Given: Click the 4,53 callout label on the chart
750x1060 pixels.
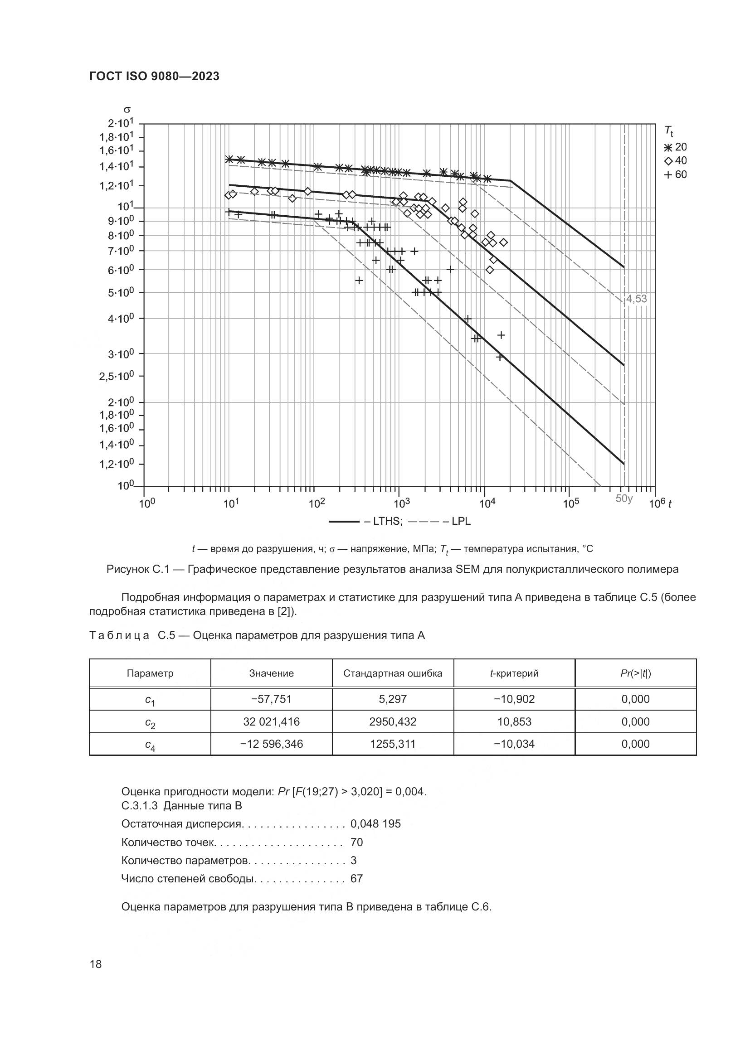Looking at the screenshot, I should pos(636,299).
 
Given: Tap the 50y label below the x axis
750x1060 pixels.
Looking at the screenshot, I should pos(624,499).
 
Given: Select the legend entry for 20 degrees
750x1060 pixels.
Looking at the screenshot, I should pos(676,147).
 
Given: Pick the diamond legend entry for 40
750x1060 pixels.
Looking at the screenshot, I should pos(676,161).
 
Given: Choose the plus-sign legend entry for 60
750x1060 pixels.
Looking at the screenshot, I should pos(676,174).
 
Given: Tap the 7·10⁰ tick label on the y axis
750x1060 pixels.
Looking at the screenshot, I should pos(121,251).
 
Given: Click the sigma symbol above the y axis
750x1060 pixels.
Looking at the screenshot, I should pos(127,110).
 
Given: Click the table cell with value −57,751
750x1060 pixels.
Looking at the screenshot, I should pos(271,699).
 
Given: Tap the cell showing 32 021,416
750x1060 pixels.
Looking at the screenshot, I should pos(271,721).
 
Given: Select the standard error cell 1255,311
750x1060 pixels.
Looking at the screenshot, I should pos(393,744).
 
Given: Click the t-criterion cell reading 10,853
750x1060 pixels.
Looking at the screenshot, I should pos(514,721).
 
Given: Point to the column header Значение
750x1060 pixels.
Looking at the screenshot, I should pos(271,673).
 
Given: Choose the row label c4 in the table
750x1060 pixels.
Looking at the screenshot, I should pos(150,745).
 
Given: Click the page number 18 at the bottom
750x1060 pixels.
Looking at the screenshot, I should pos(96,963).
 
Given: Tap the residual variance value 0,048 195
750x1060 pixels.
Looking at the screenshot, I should pos(375,824).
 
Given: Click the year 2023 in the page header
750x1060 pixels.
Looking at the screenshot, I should pos(205,76).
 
